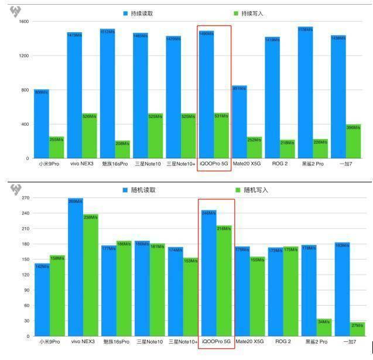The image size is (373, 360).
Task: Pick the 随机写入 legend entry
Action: tap(251, 190)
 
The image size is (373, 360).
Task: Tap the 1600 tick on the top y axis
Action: tap(23, 22)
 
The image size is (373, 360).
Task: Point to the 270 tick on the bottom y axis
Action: tap(25, 199)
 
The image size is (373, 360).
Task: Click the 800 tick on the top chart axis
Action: tap(25, 90)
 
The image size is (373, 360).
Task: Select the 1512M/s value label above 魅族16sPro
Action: tap(108, 32)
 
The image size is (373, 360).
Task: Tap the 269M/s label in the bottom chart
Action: tap(75, 201)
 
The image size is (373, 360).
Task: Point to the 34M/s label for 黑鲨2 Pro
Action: tap(324, 321)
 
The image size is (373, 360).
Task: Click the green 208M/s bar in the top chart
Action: tap(123, 150)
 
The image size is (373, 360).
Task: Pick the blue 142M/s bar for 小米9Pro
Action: tap(42, 301)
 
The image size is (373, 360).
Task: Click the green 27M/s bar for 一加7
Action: tap(357, 330)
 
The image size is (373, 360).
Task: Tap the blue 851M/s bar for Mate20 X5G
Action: tap(239, 123)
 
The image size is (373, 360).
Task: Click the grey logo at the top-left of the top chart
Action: tap(16, 12)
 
